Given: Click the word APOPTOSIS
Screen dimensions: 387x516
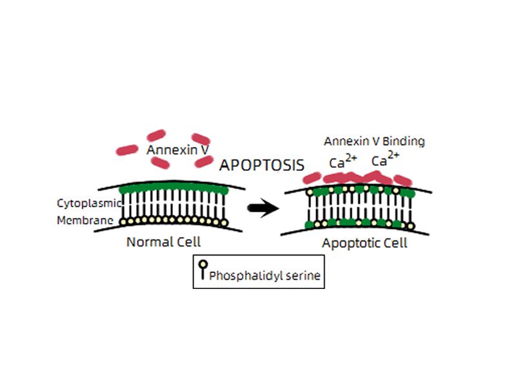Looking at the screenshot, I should coord(261,165).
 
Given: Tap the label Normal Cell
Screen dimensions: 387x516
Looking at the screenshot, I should coord(163,243).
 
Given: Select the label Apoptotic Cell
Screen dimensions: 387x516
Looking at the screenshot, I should coord(365,244).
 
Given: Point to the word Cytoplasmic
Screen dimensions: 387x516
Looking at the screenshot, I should coord(89,203).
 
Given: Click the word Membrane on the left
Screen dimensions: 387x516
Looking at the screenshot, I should coord(86,221).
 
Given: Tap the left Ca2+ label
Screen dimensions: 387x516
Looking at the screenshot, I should coord(340,162).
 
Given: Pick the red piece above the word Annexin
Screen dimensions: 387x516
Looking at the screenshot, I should coord(157,136).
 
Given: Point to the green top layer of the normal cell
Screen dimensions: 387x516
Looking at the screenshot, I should coord(174,189).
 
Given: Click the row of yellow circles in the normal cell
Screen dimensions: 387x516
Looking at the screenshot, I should coord(174,221).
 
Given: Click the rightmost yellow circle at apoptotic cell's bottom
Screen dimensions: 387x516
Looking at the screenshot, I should coord(410,226).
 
